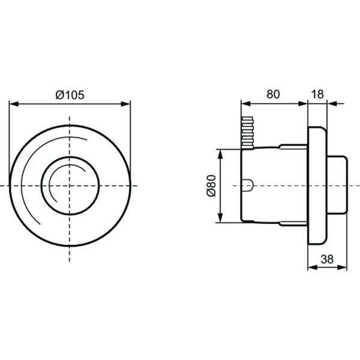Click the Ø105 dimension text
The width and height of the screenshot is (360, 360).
coord(70,94)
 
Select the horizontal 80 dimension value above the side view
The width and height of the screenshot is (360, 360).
coord(273,94)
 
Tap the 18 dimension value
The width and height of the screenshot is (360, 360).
coord(318,94)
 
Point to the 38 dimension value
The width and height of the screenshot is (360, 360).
coord(327,259)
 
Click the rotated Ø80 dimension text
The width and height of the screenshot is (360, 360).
coord(211,186)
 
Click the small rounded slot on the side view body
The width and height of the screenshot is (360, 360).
coord(247,185)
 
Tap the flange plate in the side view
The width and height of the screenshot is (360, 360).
coord(317,186)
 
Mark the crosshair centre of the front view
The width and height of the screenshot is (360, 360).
coord(70,185)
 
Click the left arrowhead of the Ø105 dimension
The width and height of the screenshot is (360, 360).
coord(13,104)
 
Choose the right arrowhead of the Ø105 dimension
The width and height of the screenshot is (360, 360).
coord(127,104)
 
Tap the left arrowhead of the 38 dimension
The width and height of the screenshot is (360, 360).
coord(311,268)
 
